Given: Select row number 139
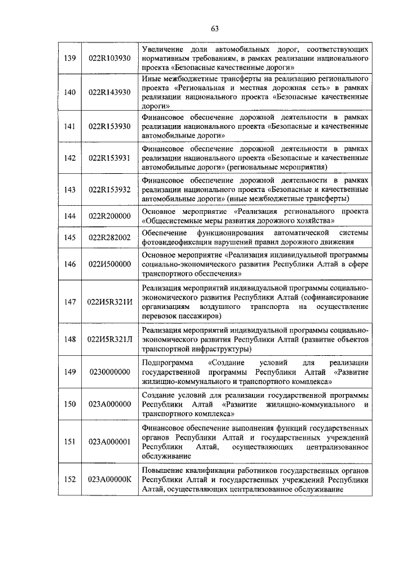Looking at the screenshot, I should coord(70,58).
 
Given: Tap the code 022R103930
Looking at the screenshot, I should coord(110,58).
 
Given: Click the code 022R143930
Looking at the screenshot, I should coord(110,92).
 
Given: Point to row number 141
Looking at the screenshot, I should coord(70,126).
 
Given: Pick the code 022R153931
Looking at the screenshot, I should coord(110,158).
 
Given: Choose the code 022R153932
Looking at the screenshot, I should coord(110,190).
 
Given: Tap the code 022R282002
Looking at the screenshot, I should coord(110,238).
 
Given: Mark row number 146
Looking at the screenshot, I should coord(70,264).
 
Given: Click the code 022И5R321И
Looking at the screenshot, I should coord(110,302).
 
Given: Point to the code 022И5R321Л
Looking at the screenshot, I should coord(110,340).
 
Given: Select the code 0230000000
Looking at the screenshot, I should coord(110,371).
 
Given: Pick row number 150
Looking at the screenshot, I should coord(70,404).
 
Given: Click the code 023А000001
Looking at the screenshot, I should coord(110,442).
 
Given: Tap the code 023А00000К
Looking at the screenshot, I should coord(110,479).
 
